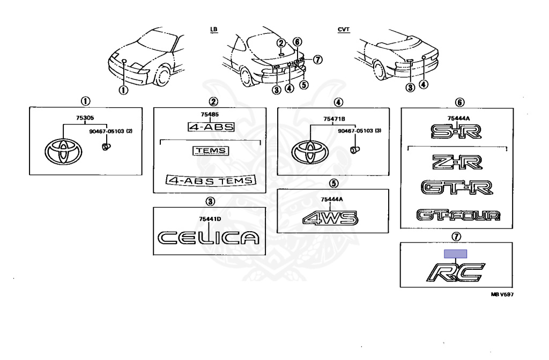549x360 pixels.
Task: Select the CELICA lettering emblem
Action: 207,237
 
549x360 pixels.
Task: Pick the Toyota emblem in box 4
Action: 309,152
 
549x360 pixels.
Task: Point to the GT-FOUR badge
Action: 459,216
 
